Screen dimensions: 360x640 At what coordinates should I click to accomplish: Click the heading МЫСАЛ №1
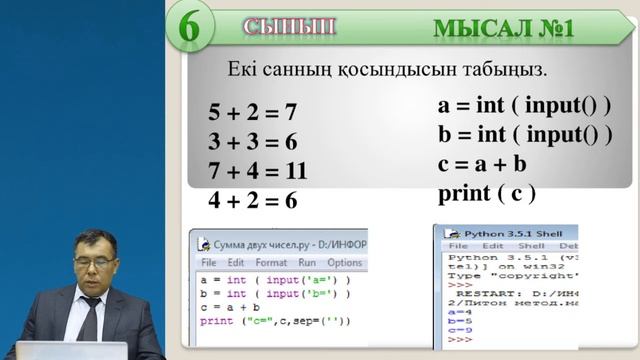(503, 27)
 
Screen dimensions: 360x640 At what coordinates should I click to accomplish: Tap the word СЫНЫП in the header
(288, 26)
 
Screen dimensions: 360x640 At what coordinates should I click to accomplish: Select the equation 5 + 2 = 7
(253, 111)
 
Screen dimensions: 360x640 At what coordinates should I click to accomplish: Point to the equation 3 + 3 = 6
(253, 140)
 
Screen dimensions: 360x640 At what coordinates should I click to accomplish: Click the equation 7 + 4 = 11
(258, 170)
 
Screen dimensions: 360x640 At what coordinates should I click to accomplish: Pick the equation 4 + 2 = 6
(253, 200)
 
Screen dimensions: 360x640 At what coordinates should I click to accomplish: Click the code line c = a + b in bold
(482, 163)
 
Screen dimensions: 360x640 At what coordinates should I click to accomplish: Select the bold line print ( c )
(487, 192)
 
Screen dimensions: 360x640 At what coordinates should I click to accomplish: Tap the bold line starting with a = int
(524, 105)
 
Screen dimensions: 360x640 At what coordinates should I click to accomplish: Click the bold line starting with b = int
(524, 134)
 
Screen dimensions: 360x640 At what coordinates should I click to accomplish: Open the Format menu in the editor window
(270, 263)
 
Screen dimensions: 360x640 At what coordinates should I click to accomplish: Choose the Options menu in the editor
(344, 263)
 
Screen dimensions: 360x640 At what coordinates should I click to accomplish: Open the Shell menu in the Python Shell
(531, 245)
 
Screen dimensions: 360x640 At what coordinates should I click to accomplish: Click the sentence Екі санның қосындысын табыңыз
(387, 70)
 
